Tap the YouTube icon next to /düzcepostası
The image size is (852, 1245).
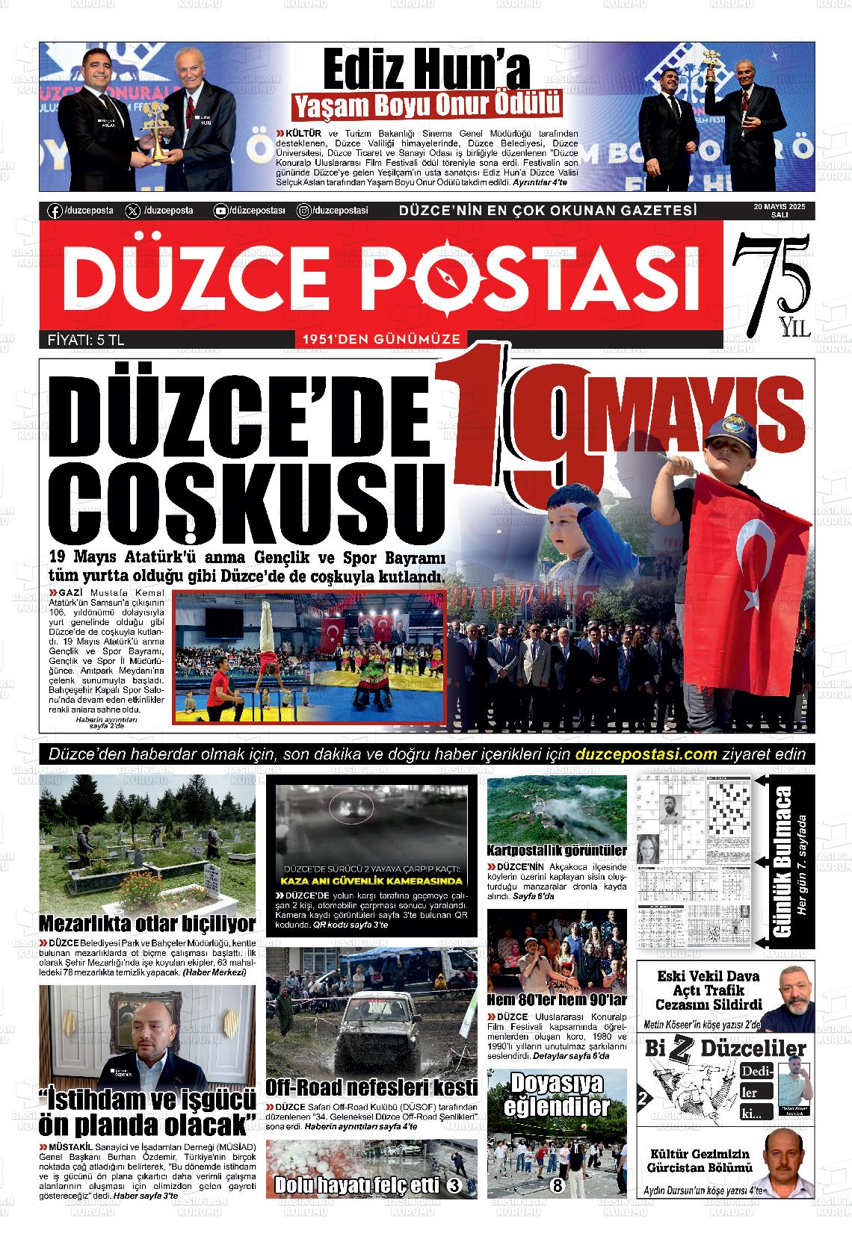[220, 211]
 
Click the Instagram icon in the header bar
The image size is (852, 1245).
[303, 211]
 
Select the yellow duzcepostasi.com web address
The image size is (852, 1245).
[647, 754]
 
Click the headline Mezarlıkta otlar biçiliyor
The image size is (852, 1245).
[147, 923]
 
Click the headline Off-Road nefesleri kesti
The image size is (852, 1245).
[371, 1087]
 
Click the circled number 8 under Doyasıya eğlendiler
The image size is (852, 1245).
[557, 1185]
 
